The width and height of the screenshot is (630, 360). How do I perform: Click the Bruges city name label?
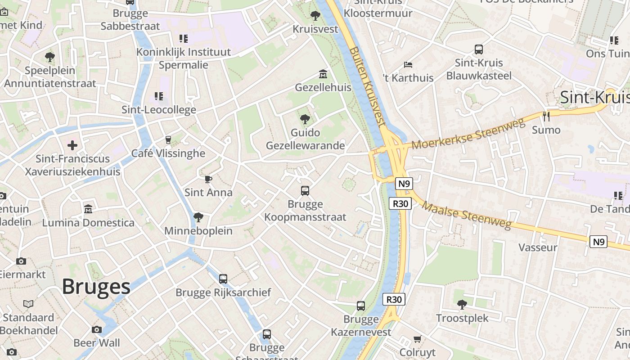coord(96,287)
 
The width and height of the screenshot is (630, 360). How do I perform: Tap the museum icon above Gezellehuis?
coord(323,74)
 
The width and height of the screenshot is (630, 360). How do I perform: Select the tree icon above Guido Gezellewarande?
coord(305,119)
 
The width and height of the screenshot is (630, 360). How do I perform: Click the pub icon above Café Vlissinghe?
coord(168,140)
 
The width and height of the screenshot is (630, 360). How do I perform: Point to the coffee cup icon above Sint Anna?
coord(208,180)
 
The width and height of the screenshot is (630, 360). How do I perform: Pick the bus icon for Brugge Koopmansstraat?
coord(305,191)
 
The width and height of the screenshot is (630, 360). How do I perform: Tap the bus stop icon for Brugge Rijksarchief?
coord(223,279)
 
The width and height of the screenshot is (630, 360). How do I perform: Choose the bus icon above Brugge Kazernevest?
coord(361,306)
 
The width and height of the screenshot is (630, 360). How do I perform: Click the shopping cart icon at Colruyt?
coord(417,339)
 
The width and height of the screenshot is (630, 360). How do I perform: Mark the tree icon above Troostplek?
coord(462,305)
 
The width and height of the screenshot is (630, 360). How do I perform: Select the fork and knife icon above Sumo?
coord(546,117)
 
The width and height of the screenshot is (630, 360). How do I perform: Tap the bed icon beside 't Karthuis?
coord(408,65)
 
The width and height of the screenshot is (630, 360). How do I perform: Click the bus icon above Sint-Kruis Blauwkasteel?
coord(479,49)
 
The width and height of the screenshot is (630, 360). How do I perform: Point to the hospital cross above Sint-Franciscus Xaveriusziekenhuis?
coord(72,145)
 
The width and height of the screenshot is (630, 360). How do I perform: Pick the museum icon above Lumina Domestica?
coord(88,209)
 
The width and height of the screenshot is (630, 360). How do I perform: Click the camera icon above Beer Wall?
coord(97,329)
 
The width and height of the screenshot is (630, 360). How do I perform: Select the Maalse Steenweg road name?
coord(467,215)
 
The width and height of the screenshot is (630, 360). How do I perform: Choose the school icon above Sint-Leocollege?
coord(158,96)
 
